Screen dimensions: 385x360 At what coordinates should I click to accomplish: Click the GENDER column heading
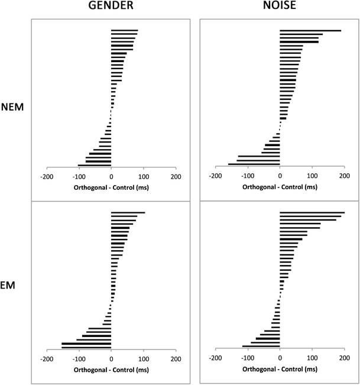111,8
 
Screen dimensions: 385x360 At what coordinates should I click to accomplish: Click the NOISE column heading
280,8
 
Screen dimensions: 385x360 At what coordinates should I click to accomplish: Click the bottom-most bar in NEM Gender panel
95,165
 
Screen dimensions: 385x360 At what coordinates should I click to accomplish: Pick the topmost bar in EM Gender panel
128,212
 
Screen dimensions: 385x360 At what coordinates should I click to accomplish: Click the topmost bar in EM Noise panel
312,212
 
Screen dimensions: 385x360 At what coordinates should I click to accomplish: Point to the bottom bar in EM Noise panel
261,347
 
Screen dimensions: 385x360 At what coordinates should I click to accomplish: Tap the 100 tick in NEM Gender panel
143,176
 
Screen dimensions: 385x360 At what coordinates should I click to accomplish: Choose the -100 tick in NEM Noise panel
248,176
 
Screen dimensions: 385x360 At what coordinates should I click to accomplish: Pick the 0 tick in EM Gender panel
111,358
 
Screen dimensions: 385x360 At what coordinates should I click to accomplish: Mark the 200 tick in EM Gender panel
176,358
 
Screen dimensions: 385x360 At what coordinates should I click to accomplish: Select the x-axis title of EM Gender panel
111,370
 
